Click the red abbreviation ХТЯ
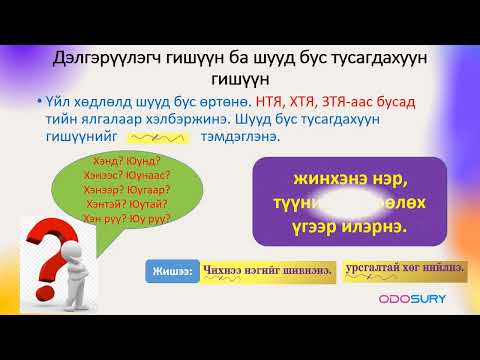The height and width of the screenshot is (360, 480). point(313,103)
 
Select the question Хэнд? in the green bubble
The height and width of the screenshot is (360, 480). point(93,159)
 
